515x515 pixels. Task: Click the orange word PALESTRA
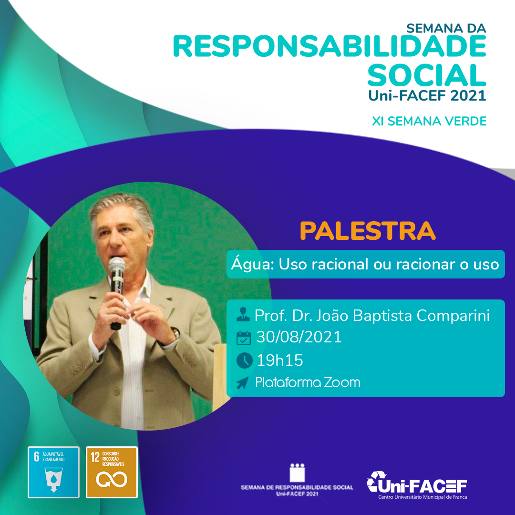[x=368, y=231]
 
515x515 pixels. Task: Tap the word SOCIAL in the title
[x=427, y=75]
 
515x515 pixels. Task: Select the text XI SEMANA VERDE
[x=429, y=121]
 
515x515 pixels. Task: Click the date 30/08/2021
[x=299, y=337]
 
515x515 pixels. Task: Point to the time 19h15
[x=280, y=360]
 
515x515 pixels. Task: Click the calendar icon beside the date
[x=243, y=338]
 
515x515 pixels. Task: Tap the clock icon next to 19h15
[x=244, y=360]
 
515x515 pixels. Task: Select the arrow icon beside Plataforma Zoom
[x=242, y=382]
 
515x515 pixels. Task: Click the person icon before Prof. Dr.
[x=243, y=314]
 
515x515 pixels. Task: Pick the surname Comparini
[x=453, y=316]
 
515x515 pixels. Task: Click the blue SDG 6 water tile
[x=53, y=472]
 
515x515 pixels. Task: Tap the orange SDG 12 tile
[x=112, y=472]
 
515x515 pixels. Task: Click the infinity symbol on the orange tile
[x=112, y=480]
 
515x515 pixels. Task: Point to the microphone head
[x=117, y=265]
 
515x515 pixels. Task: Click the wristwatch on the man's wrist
[x=175, y=333]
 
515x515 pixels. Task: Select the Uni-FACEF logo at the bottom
[x=417, y=485]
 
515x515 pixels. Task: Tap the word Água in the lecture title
[x=252, y=264]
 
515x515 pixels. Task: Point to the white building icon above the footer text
[x=297, y=473]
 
